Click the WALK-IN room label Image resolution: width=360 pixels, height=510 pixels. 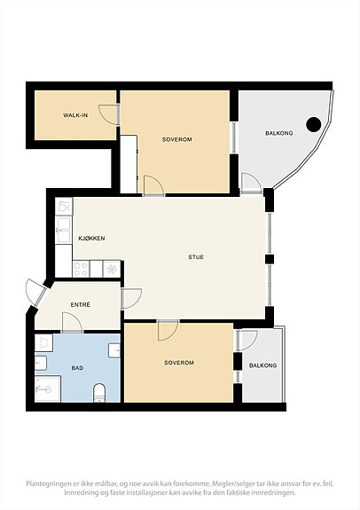click(75, 115)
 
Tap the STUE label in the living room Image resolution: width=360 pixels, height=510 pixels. click(196, 257)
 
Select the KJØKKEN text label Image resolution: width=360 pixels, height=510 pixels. click(91, 239)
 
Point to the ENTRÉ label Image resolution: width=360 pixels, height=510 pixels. click(81, 305)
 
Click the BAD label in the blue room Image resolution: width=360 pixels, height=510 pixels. click(77, 368)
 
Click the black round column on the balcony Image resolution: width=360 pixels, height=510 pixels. click(314, 124)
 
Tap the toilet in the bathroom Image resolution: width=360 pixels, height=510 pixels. click(99, 393)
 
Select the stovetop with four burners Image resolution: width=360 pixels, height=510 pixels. click(81, 270)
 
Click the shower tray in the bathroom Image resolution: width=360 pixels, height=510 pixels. click(48, 388)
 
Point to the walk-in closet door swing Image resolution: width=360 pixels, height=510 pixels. click(109, 114)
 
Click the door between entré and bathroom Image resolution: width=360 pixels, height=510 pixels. click(72, 323)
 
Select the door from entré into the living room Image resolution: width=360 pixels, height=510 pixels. click(131, 299)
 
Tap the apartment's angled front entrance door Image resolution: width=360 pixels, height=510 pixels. click(35, 292)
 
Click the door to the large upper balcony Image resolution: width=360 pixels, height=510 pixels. click(252, 184)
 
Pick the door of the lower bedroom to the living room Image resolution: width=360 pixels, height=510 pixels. click(168, 330)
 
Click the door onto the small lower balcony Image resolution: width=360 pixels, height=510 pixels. click(247, 341)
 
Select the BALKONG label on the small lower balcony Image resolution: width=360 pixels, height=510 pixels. click(262, 365)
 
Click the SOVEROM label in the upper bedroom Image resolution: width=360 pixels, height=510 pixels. click(177, 139)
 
